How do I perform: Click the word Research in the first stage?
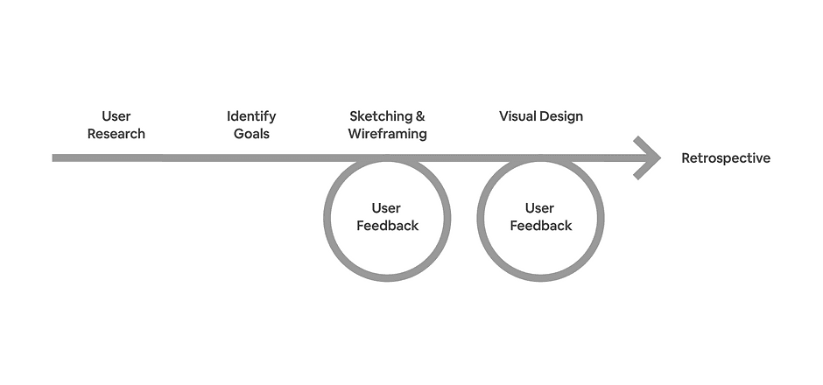pos(116,134)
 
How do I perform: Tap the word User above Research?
pos(116,116)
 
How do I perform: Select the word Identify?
pos(251,116)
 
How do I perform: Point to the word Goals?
pos(251,134)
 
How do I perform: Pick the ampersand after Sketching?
pos(420,116)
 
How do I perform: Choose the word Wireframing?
pos(387,134)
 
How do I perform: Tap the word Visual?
pos(517,116)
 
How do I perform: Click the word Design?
pos(561,116)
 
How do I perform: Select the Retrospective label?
pos(726,158)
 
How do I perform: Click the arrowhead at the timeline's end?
pos(650,158)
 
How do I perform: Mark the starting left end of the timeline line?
pos(55,158)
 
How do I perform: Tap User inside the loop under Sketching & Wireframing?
pos(386,208)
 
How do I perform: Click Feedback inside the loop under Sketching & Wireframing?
pos(387,226)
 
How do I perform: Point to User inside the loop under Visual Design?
pos(539,208)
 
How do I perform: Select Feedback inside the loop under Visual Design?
pos(540,226)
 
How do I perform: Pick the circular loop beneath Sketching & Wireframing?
pos(327,219)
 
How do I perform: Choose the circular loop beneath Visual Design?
pos(481,219)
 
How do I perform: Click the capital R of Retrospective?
pos(686,158)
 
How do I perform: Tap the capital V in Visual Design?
pos(503,116)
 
